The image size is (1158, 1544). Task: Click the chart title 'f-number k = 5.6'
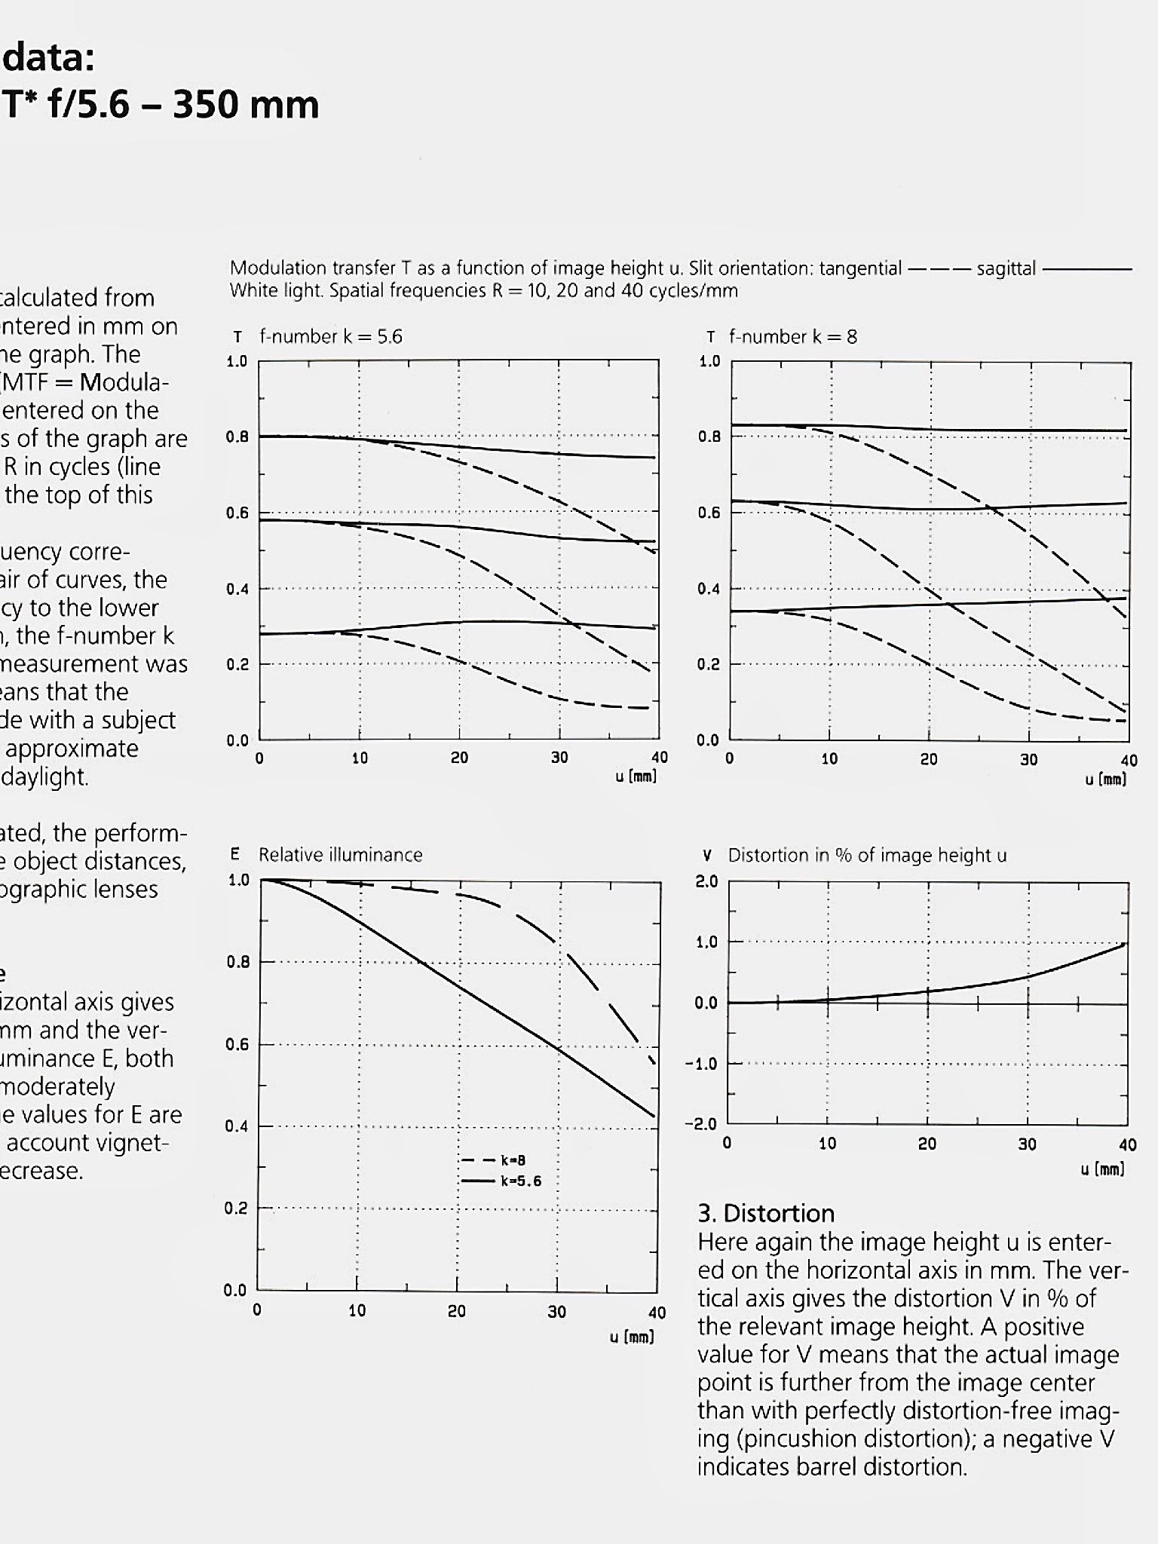coord(330,336)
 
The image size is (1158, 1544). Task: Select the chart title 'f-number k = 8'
coord(792,336)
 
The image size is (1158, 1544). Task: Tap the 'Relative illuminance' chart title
coord(340,855)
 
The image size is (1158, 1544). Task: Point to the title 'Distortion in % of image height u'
coord(867,856)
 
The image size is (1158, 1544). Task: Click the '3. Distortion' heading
coord(766,1213)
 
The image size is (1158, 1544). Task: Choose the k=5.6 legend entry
coord(501,1181)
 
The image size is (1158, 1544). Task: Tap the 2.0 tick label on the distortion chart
coord(706,881)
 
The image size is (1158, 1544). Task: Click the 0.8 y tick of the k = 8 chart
coord(709,437)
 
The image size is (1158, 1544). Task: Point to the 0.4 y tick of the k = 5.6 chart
coord(237,589)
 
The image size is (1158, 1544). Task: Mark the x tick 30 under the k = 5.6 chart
coord(559,758)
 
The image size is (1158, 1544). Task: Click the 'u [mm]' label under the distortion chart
coord(1103,1169)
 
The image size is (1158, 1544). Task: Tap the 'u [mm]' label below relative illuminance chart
coord(632,1337)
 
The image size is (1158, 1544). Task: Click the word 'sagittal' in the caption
coord(1006,268)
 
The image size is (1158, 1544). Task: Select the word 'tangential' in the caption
coord(862,268)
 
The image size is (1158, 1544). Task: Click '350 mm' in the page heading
coord(246,104)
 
